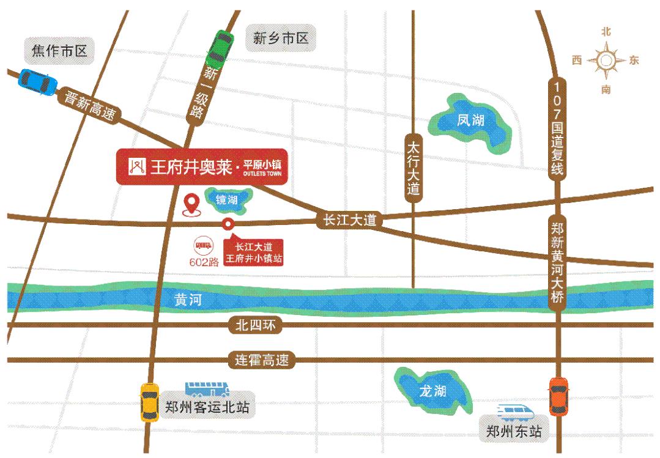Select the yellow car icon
pos(149,401)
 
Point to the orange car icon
pos(558,396)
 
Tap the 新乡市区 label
pos(281,39)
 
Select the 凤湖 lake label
pos(470,120)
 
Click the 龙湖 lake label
pos(432,391)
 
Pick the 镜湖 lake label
pos(226,199)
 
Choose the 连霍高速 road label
pos(262,360)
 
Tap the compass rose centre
pos(606,61)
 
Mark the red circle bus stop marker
pos(228,224)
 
